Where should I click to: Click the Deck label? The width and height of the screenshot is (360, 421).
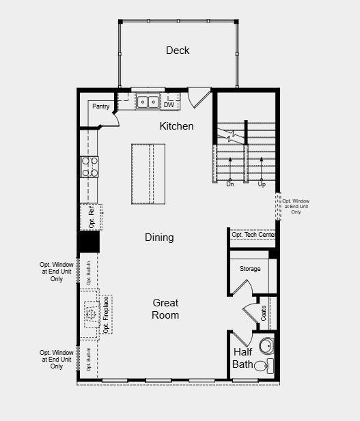click(x=178, y=50)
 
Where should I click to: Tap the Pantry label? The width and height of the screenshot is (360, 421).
click(x=101, y=106)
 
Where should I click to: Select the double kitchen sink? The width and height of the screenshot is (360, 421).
click(x=148, y=102)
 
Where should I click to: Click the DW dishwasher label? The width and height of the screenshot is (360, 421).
click(x=169, y=104)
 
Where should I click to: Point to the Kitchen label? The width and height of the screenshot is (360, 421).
click(x=176, y=126)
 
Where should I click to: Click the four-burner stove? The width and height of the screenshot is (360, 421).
click(x=90, y=166)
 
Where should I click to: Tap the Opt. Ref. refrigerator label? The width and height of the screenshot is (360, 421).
click(x=92, y=216)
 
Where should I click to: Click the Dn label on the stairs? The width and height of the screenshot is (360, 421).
click(x=230, y=184)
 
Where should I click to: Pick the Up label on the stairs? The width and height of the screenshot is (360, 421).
click(x=261, y=184)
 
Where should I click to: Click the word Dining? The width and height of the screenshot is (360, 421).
click(x=159, y=237)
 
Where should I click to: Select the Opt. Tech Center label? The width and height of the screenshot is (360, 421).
click(x=253, y=235)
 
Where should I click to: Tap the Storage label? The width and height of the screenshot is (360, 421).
click(x=250, y=269)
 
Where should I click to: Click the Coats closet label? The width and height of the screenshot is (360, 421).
click(x=264, y=313)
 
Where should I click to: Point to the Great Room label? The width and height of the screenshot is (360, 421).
click(x=165, y=308)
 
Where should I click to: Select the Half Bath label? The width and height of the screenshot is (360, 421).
click(x=243, y=358)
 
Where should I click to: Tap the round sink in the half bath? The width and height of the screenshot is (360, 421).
click(x=266, y=344)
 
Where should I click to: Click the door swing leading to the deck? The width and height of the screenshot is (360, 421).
click(x=197, y=96)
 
